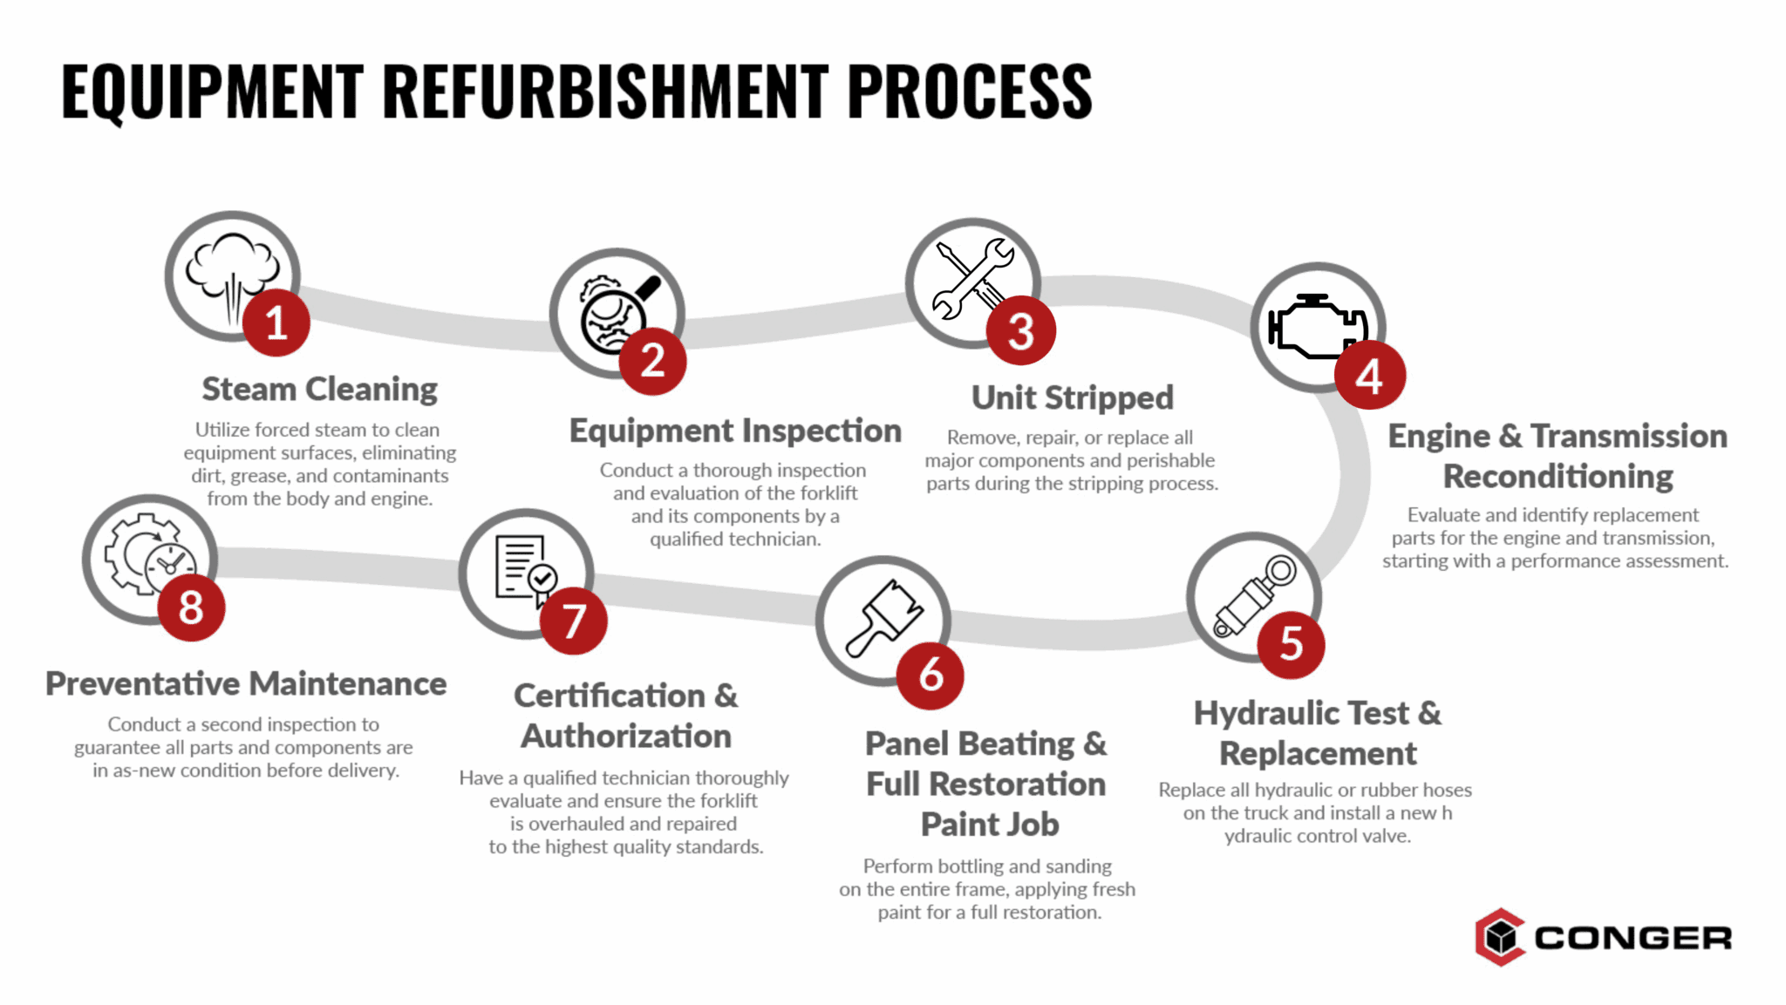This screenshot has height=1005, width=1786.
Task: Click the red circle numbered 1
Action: [276, 323]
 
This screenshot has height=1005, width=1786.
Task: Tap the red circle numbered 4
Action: [1369, 377]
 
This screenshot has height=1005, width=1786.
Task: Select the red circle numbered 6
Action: [930, 676]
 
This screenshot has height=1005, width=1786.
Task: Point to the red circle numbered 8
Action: [191, 608]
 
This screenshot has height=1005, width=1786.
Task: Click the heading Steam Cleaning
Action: [319, 389]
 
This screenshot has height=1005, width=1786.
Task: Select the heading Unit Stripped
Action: [1072, 397]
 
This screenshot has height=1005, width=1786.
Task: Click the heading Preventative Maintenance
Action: [246, 684]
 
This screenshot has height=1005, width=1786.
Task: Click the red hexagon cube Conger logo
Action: [1500, 937]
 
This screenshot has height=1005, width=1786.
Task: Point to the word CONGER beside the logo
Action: [1633, 939]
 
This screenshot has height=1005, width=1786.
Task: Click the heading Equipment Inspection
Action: [734, 431]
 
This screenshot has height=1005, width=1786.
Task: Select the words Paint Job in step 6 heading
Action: [990, 825]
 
